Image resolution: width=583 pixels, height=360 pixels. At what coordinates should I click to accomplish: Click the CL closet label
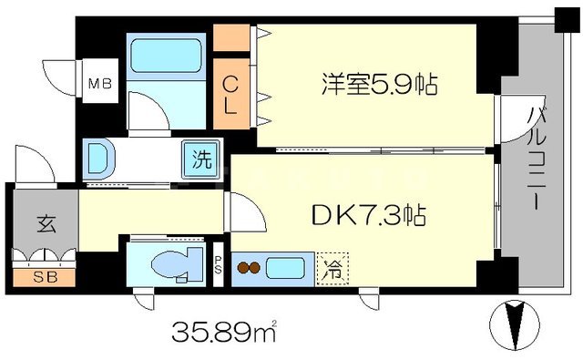click(x=232, y=94)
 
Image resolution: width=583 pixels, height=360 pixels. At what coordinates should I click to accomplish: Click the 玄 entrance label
click(x=45, y=223)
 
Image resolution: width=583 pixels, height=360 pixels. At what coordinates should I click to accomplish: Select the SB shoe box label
click(x=43, y=274)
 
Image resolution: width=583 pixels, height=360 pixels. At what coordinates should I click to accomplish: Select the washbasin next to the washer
click(x=99, y=158)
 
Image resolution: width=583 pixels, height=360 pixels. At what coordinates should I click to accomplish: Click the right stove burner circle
click(x=257, y=270)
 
